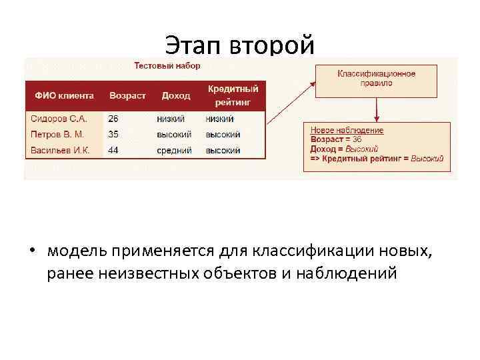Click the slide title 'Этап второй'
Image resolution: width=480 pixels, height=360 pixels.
click(239, 45)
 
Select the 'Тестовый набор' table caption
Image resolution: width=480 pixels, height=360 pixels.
click(167, 66)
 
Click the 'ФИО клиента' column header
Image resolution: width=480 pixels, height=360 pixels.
click(64, 96)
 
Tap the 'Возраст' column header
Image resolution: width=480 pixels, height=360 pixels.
click(127, 96)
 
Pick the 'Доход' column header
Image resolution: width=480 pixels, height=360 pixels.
click(175, 96)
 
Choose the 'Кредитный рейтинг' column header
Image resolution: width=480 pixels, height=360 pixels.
click(232, 95)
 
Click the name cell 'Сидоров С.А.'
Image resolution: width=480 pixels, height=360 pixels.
click(59, 119)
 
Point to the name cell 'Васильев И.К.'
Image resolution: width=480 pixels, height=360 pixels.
click(60, 151)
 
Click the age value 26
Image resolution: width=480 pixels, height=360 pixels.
click(113, 119)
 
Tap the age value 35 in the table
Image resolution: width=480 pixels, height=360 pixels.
click(113, 135)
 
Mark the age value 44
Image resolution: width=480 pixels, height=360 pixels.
click(113, 151)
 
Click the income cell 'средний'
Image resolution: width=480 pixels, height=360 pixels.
click(174, 151)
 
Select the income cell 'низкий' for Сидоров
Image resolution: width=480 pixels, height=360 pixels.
click(171, 119)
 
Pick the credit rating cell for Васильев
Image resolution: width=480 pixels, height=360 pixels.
click(223, 151)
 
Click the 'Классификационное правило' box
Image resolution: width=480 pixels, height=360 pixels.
click(376, 79)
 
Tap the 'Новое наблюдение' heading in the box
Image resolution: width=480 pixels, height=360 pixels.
click(347, 131)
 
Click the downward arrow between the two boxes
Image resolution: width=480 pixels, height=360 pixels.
click(377, 109)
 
